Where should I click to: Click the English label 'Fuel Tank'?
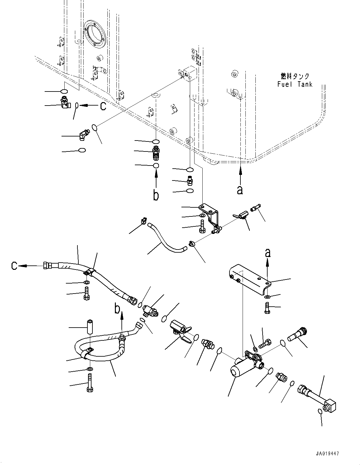click(295, 84)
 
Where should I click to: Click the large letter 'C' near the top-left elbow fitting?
click(103, 106)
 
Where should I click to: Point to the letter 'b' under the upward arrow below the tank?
click(156, 195)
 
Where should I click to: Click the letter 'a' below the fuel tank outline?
click(240, 190)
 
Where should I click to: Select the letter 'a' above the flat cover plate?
click(268, 253)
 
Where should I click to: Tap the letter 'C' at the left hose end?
click(14, 266)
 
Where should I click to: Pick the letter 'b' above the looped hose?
click(117, 309)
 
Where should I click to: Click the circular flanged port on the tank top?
click(96, 34)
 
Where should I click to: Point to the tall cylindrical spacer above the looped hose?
click(90, 327)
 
